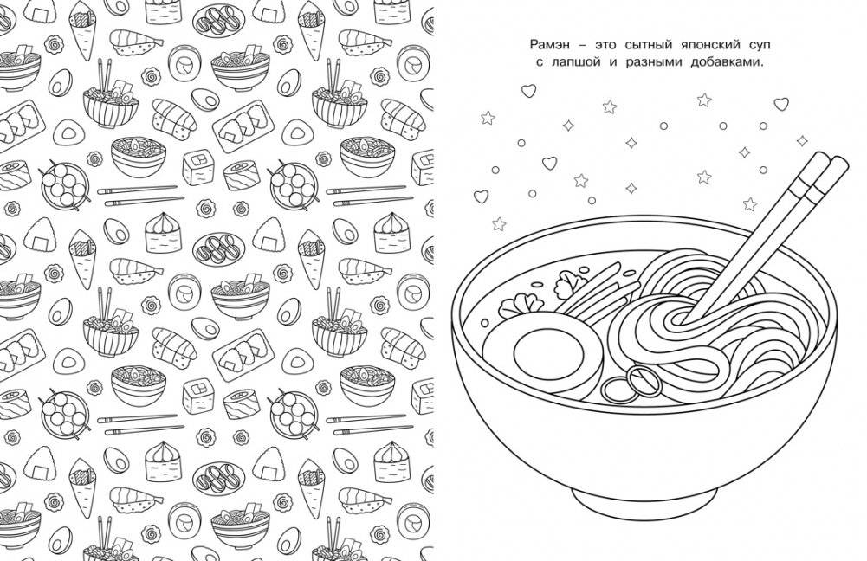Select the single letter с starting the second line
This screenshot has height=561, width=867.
540,63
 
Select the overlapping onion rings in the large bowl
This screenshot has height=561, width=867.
631,383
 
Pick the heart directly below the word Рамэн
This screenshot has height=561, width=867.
528,90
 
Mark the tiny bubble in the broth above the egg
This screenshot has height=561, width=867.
485,322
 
